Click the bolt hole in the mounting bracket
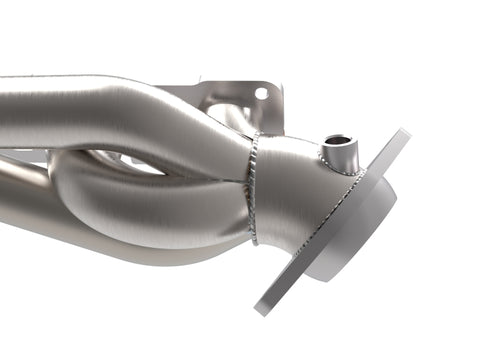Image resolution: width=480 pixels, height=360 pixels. tap(262, 93)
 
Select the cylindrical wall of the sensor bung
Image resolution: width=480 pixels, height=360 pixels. tap(337, 156)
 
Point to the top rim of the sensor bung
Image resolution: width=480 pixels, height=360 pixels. tap(337, 135)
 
